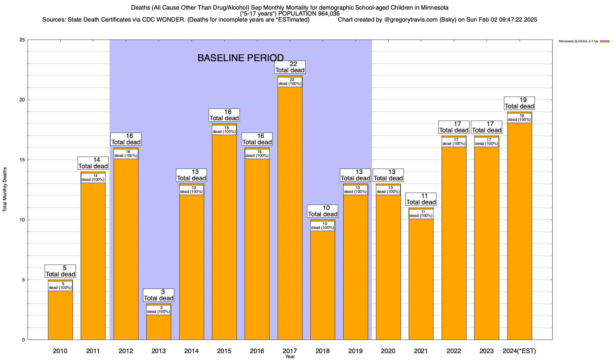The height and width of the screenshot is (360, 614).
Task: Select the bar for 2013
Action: pyautogui.click(x=159, y=327)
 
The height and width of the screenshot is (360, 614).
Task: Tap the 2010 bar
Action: pyautogui.click(x=60, y=315)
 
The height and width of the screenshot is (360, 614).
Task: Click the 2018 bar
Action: pyautogui.click(x=323, y=285)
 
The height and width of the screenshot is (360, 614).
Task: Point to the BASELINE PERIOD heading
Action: pyautogui.click(x=240, y=58)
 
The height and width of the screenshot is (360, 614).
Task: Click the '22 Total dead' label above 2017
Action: pyautogui.click(x=290, y=67)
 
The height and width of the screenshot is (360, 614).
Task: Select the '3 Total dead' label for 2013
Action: pyautogui.click(x=159, y=295)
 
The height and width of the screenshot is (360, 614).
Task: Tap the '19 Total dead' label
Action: pyautogui.click(x=520, y=103)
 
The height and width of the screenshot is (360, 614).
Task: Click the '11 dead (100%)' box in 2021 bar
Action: pyautogui.click(x=421, y=214)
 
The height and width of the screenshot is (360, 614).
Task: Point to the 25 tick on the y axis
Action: pyautogui.click(x=22, y=40)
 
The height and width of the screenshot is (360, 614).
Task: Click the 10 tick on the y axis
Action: pyautogui.click(x=22, y=220)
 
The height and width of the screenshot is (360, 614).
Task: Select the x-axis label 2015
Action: pyautogui.click(x=224, y=351)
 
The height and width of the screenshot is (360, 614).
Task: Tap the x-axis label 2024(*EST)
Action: pyautogui.click(x=519, y=351)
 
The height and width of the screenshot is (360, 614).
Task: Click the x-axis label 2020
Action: pyautogui.click(x=388, y=351)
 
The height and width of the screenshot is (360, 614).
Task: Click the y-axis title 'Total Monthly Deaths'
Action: pyautogui.click(x=5, y=190)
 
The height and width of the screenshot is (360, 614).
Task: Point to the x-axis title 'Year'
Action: pyautogui.click(x=290, y=357)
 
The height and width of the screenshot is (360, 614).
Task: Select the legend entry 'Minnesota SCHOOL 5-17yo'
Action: pyautogui.click(x=578, y=41)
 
